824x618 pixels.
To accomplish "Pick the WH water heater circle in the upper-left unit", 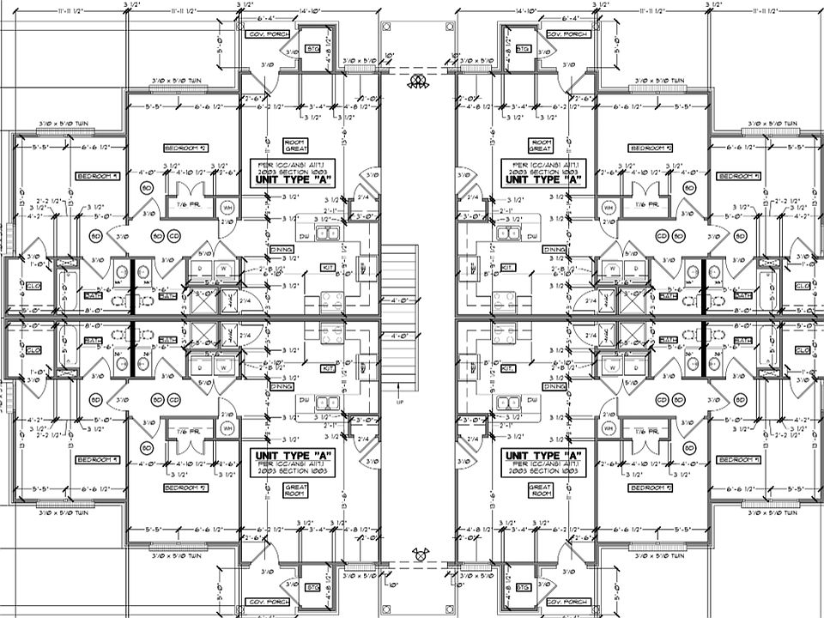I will point(227,207).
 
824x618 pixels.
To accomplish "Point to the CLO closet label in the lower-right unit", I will point(803,349).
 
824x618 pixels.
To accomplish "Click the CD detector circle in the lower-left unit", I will point(174,400).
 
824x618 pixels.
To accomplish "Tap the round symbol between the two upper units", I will point(419,82).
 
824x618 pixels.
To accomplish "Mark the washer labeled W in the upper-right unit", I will point(611,268).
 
